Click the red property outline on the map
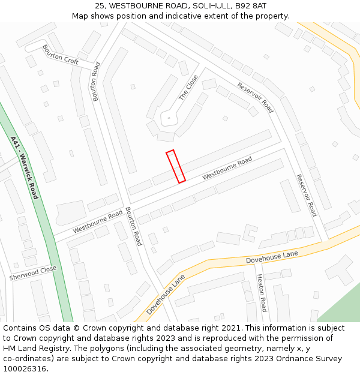tap(176, 166)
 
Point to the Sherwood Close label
tap(33, 273)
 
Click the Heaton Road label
tap(261, 293)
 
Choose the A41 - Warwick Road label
tap(24, 167)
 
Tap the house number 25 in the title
tap(100, 6)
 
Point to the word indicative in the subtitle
tap(174, 16)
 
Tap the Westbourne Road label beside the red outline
tap(227, 169)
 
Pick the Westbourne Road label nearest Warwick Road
tap(97, 223)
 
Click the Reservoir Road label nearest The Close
tap(255, 97)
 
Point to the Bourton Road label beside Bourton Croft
tap(94, 81)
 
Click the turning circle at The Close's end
tap(169, 118)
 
